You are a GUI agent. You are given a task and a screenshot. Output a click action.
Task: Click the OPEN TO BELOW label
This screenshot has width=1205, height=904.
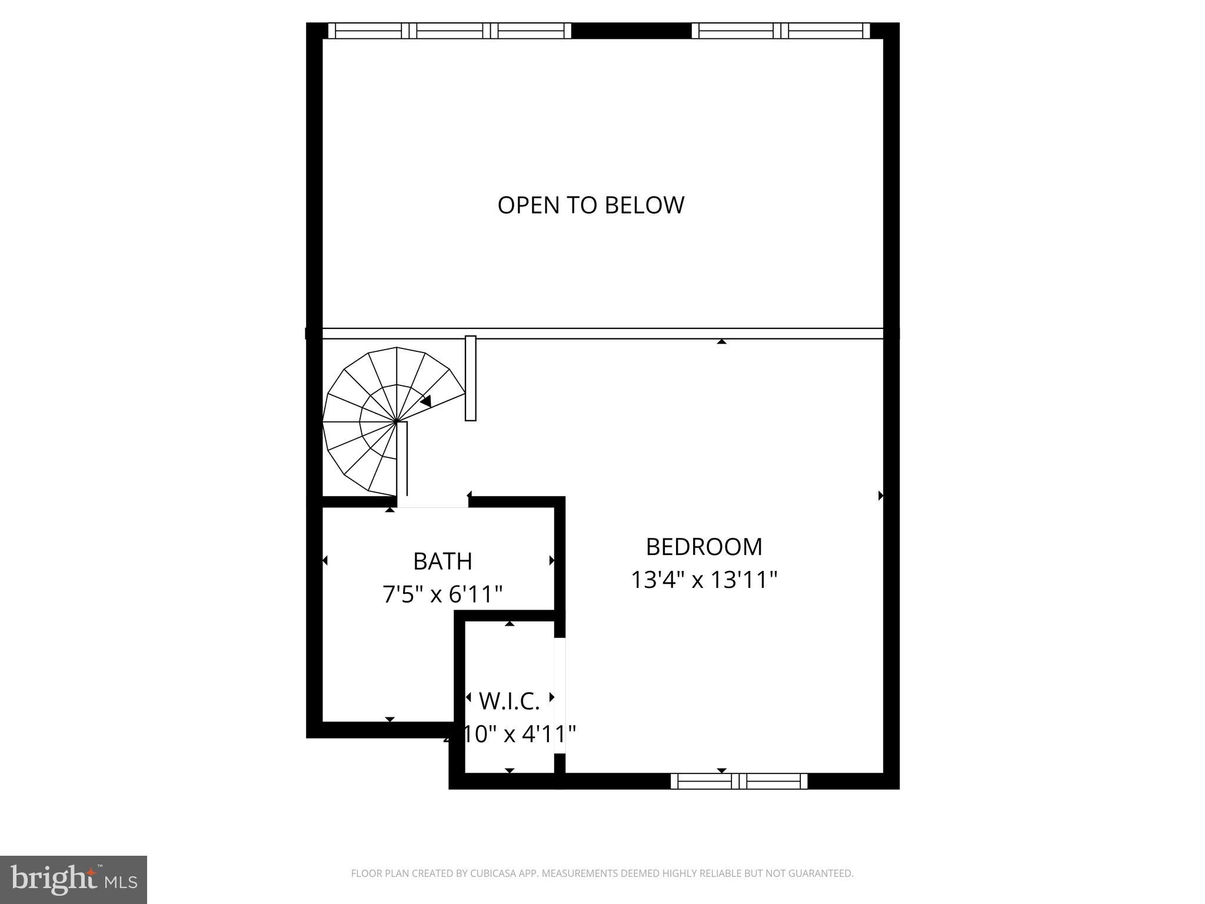[x=591, y=205]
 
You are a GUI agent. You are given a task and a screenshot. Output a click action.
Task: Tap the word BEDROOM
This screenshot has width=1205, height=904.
[x=704, y=547]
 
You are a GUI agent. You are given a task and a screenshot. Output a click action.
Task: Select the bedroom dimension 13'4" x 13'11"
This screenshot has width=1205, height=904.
[x=704, y=580]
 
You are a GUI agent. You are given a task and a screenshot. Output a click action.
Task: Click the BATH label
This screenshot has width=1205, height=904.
[x=442, y=561]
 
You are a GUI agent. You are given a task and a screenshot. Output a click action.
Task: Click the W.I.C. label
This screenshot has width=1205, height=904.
[x=509, y=701]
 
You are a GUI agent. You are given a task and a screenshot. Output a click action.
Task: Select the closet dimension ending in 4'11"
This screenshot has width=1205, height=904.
[x=510, y=734]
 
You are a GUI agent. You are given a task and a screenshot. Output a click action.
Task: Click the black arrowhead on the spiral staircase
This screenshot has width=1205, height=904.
[x=426, y=401]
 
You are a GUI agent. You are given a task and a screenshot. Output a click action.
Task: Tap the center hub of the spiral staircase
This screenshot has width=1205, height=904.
[x=398, y=421]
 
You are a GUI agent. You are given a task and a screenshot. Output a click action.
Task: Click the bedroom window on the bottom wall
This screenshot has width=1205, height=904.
[x=738, y=781]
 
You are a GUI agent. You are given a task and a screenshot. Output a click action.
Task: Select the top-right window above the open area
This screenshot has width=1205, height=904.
[x=780, y=31]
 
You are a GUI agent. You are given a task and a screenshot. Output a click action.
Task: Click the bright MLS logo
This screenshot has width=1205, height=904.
[x=73, y=879]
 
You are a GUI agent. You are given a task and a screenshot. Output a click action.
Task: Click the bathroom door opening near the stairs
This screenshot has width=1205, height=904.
[x=432, y=502]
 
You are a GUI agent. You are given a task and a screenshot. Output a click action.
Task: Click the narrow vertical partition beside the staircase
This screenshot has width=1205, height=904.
[x=470, y=378]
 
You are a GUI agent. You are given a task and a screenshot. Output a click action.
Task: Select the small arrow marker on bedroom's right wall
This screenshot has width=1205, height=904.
[x=880, y=496]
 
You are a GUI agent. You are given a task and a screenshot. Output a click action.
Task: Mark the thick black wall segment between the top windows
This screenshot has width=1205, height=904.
[x=631, y=31]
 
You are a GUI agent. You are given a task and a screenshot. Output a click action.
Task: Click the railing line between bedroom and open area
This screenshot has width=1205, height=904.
[x=647, y=333]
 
